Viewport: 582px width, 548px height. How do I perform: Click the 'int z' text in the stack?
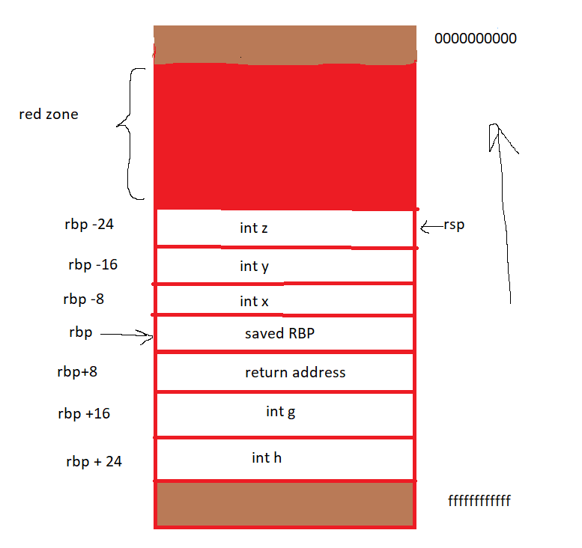(253, 228)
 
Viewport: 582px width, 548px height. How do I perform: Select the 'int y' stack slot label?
(253, 266)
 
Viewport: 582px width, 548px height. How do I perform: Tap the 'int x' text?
(253, 301)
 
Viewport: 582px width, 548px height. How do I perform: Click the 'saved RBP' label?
(279, 334)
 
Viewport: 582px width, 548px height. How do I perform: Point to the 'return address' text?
(295, 372)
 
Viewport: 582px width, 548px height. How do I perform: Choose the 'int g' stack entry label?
(280, 412)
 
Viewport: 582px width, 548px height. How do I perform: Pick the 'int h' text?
(267, 457)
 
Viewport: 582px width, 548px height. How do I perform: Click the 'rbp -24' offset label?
(89, 224)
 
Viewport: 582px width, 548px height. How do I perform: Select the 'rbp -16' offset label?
(92, 264)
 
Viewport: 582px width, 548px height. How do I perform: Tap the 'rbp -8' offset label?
(83, 299)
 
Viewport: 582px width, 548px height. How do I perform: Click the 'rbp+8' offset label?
(77, 371)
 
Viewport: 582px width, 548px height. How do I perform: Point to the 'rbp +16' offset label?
(84, 413)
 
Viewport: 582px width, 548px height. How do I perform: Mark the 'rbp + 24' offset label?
(94, 461)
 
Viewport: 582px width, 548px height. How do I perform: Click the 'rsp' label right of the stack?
(454, 225)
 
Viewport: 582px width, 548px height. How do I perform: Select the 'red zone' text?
(48, 115)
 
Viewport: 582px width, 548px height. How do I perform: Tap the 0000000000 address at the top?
(475, 38)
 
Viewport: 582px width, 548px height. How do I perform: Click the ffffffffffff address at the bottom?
(479, 500)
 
